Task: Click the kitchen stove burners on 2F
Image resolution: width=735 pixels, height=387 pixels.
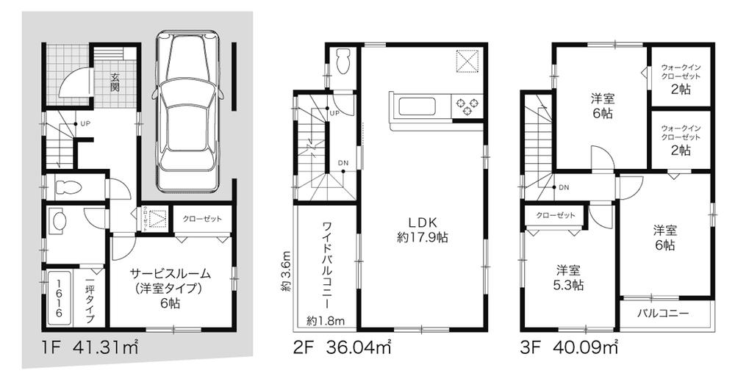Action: [x=468, y=107]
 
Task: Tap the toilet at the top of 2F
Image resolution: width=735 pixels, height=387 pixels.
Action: [x=341, y=64]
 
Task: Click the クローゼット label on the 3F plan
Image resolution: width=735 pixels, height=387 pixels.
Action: [x=555, y=215]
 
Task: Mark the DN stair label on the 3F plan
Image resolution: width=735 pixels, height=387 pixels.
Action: [x=564, y=187]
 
